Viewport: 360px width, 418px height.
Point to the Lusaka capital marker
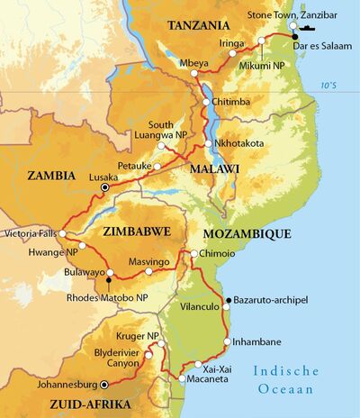104,189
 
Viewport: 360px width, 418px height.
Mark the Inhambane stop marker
227,341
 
